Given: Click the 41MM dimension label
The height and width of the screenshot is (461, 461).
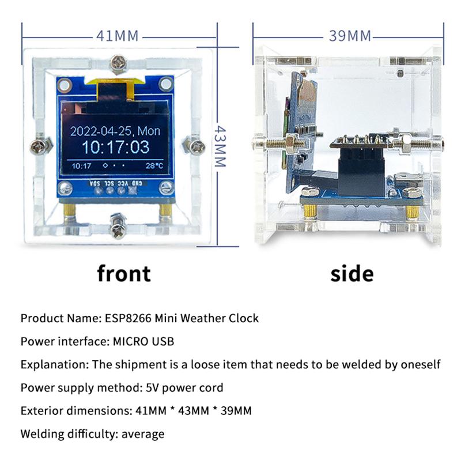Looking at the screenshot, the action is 118,36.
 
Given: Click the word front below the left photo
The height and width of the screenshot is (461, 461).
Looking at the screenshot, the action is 124,273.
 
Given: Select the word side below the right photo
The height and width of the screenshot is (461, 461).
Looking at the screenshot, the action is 352,273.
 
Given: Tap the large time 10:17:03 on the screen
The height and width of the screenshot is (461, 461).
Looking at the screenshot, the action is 115,147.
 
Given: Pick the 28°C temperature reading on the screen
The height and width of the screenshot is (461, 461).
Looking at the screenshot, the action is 154,165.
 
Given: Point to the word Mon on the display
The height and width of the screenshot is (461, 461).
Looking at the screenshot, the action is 149,131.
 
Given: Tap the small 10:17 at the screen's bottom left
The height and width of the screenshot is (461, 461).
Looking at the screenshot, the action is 81,166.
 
